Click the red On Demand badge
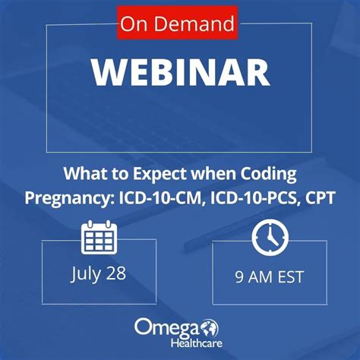point(177,24)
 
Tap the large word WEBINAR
point(181,72)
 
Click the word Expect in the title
point(159,175)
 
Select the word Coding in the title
point(268,175)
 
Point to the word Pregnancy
point(68,199)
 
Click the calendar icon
point(99,237)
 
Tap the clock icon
point(270,237)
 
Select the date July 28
point(98,274)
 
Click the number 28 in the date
point(116,273)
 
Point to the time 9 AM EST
point(269,277)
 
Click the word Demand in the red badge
point(194,24)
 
